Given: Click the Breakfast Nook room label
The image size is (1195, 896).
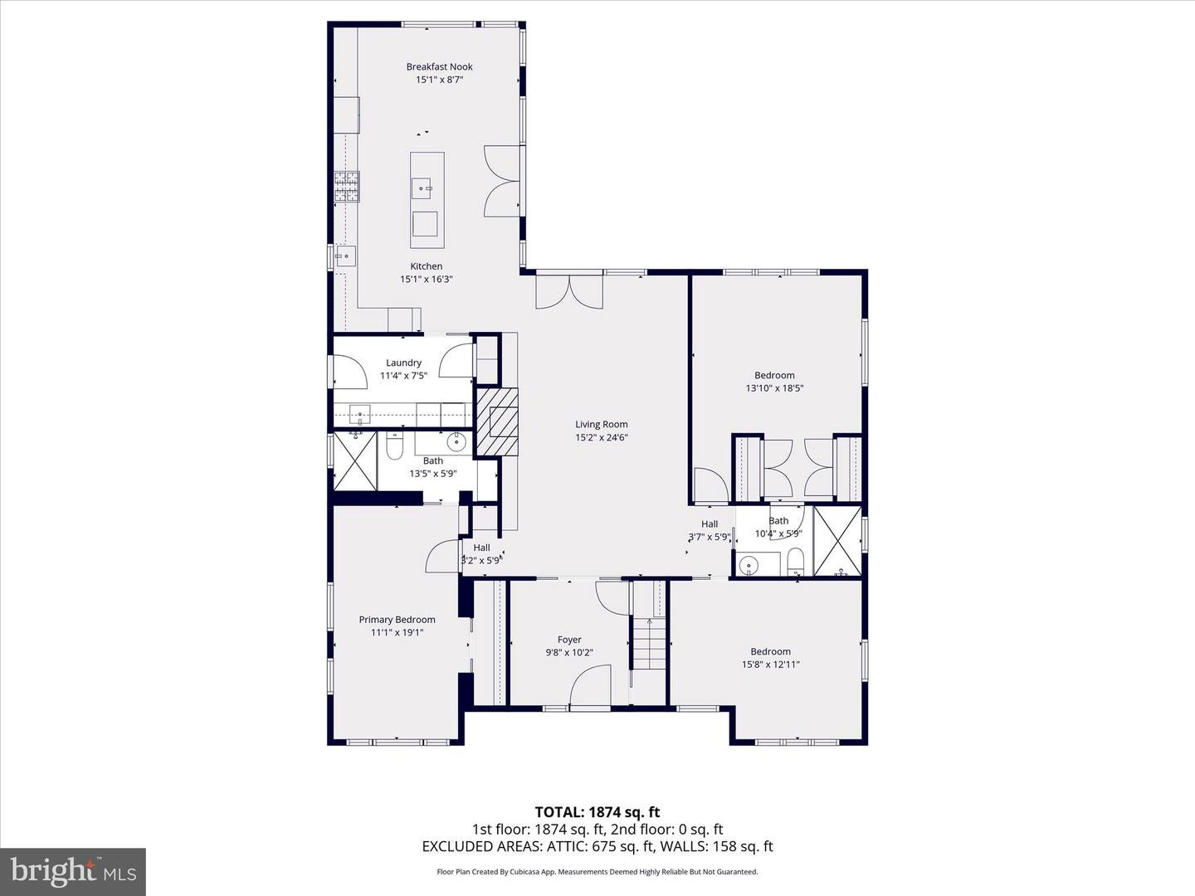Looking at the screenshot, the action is tap(439, 67).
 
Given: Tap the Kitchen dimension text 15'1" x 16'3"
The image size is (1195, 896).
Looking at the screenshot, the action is tap(427, 279).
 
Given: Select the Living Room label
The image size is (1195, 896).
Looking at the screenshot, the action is tap(602, 424).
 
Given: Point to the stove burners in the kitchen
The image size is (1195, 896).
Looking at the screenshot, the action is tap(346, 187).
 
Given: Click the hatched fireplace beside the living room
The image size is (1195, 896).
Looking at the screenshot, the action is tap(498, 422).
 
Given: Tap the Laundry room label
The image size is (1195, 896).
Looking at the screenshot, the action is tap(403, 363).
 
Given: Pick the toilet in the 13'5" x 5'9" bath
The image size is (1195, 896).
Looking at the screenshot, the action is tap(393, 446).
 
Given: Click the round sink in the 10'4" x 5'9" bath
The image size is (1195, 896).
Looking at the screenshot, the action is tap(749, 566).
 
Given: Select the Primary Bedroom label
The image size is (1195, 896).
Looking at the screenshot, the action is tap(397, 620).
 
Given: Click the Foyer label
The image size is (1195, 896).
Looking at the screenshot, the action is tap(569, 640).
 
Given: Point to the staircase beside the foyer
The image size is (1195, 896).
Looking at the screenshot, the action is tap(649, 644).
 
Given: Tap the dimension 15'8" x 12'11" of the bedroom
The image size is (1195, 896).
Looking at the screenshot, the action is tap(770, 665).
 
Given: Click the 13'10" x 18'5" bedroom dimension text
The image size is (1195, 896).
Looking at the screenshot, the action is tap(775, 388).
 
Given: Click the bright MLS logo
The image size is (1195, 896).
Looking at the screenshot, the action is tap(73, 870).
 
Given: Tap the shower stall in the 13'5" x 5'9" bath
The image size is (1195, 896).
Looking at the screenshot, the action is tap(355, 461).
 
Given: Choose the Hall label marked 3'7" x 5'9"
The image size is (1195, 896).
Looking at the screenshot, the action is tap(710, 523).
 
